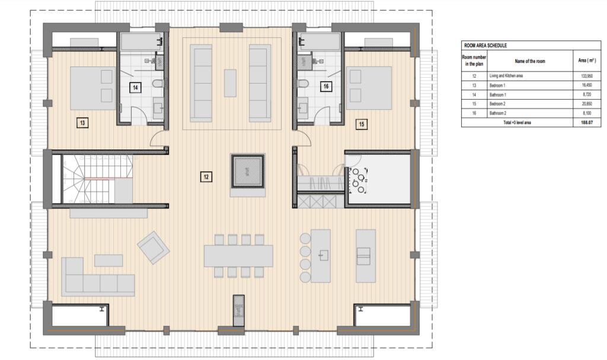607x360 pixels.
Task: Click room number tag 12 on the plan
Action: pos(206,177)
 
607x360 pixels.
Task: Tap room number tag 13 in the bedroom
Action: pos(82,123)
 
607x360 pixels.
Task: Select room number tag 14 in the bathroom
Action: pos(135,88)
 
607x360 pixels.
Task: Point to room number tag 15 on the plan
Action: pos(362,125)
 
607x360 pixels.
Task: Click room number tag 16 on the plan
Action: pos(326,87)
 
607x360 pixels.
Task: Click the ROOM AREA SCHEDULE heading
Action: pos(485,46)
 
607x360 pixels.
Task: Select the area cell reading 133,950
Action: pos(587,76)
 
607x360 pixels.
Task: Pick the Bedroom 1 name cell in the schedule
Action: pos(497,85)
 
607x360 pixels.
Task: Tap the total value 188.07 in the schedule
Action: pos(587,122)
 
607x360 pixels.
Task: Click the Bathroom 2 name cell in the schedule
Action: pos(498,113)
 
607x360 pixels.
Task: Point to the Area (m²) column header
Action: pos(587,60)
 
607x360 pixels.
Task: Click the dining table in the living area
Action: pos(238,256)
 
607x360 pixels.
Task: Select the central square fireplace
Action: pos(248,171)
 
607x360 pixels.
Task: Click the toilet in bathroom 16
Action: pos(303,83)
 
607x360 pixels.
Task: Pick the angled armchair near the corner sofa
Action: pos(154,248)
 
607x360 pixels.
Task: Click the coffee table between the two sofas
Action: pos(231,83)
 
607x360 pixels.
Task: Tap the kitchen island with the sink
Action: pos(321,256)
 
